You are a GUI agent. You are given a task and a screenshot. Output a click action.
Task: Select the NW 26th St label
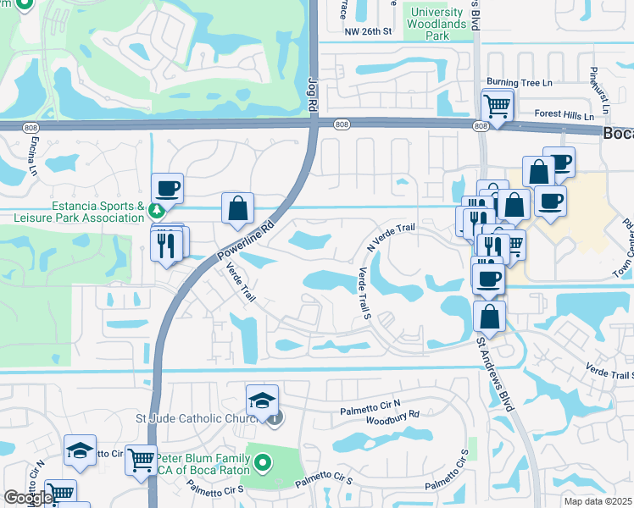point(368,32)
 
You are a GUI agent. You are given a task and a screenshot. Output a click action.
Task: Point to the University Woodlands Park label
point(437,24)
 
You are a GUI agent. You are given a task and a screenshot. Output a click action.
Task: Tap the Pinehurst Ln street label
point(594,85)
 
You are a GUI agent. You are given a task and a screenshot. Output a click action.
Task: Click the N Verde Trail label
point(391,236)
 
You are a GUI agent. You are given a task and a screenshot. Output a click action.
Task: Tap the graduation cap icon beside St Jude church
point(263,400)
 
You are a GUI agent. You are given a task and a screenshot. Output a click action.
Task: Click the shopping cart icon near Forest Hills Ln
point(497,107)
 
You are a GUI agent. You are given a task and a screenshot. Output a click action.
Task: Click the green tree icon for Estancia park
point(155,210)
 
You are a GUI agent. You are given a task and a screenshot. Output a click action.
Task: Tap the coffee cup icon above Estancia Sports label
point(167,188)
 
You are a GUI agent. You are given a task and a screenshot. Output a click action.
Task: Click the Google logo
point(28,498)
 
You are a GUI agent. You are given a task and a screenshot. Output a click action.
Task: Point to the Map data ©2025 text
point(598,501)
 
